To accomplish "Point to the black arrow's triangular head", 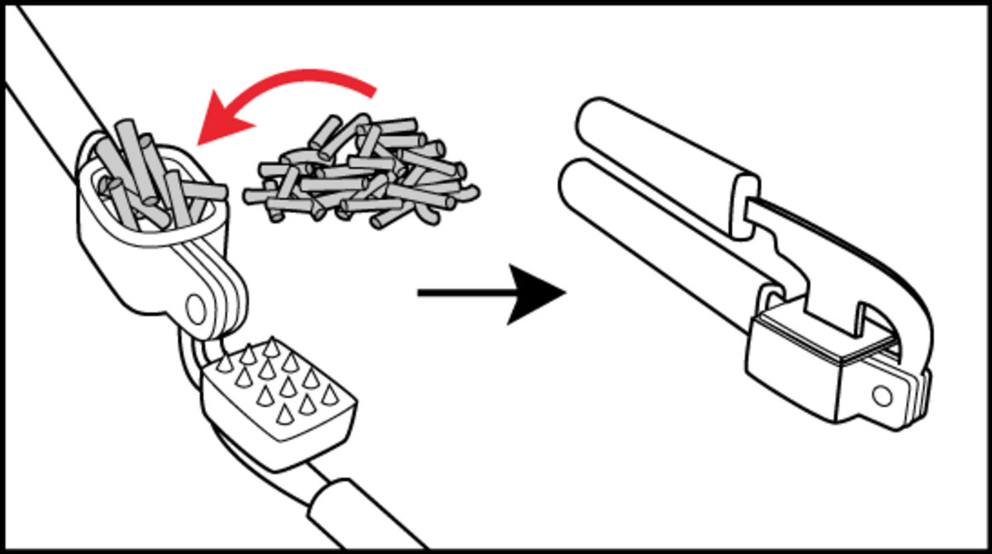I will point(537,293).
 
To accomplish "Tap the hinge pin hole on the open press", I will point(197,307).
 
